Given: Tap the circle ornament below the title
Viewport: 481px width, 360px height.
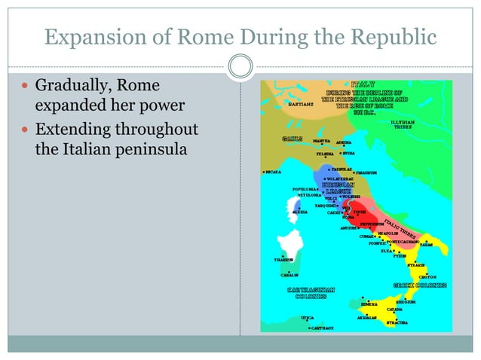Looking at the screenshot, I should (240, 66).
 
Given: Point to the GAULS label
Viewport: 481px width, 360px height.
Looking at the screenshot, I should (293, 139).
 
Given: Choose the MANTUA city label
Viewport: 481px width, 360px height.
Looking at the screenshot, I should (320, 141).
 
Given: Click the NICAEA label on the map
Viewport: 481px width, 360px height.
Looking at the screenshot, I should (272, 172).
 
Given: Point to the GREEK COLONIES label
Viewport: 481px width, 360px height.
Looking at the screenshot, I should (420, 285).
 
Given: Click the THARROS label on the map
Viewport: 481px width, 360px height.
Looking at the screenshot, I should (282, 260).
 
